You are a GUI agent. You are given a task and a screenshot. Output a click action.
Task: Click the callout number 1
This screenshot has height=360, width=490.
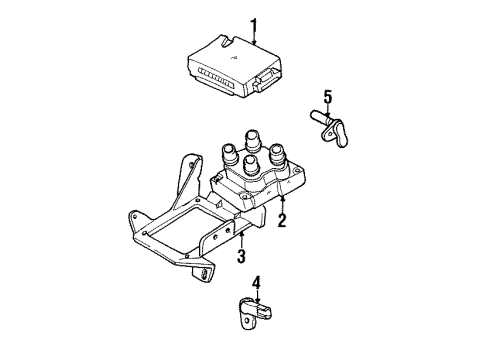(x=254, y=27)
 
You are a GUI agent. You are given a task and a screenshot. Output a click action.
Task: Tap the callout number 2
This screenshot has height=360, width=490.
(x=282, y=220)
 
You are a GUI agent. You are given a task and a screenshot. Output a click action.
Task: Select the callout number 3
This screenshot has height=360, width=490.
(x=241, y=256)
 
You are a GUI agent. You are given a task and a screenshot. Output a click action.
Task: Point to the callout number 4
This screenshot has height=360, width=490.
(x=256, y=283)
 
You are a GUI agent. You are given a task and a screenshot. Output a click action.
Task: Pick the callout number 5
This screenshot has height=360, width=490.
(x=328, y=97)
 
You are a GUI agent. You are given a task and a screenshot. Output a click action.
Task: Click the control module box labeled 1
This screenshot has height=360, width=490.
(x=235, y=66)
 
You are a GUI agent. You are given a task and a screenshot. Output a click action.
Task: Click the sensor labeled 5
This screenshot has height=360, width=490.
(x=331, y=128)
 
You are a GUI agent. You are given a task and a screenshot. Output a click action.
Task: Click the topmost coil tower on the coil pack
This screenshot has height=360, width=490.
(x=251, y=141)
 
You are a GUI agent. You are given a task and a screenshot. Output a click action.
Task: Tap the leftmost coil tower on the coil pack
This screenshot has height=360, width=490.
(x=229, y=154)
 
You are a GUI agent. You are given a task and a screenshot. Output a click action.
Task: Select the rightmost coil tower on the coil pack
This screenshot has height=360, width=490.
(x=277, y=154)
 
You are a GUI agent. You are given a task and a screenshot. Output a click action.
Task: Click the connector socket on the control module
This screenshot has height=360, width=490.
(x=267, y=79)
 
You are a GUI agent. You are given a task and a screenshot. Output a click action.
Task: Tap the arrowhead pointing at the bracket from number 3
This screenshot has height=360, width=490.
(x=242, y=235)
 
